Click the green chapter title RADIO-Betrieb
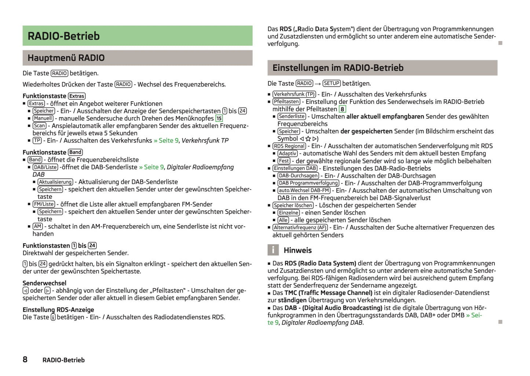(x=63, y=36)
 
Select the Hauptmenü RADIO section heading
(x=66, y=58)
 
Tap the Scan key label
(x=40, y=126)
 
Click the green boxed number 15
(x=219, y=118)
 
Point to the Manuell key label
(x=43, y=118)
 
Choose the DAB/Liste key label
(x=45, y=167)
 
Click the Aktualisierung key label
(x=55, y=182)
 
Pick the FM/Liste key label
(x=44, y=204)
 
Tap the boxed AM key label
(x=37, y=226)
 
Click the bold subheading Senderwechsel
(x=44, y=283)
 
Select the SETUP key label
(x=332, y=83)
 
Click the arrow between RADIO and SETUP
(x=318, y=84)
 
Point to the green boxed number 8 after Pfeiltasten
(x=342, y=109)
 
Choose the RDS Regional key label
(x=289, y=146)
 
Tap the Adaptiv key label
(x=288, y=153)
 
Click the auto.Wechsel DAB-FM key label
(x=304, y=190)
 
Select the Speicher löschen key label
(x=293, y=205)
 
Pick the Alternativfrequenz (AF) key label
(x=300, y=227)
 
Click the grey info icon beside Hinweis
(x=273, y=250)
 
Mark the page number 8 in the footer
(x=25, y=359)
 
